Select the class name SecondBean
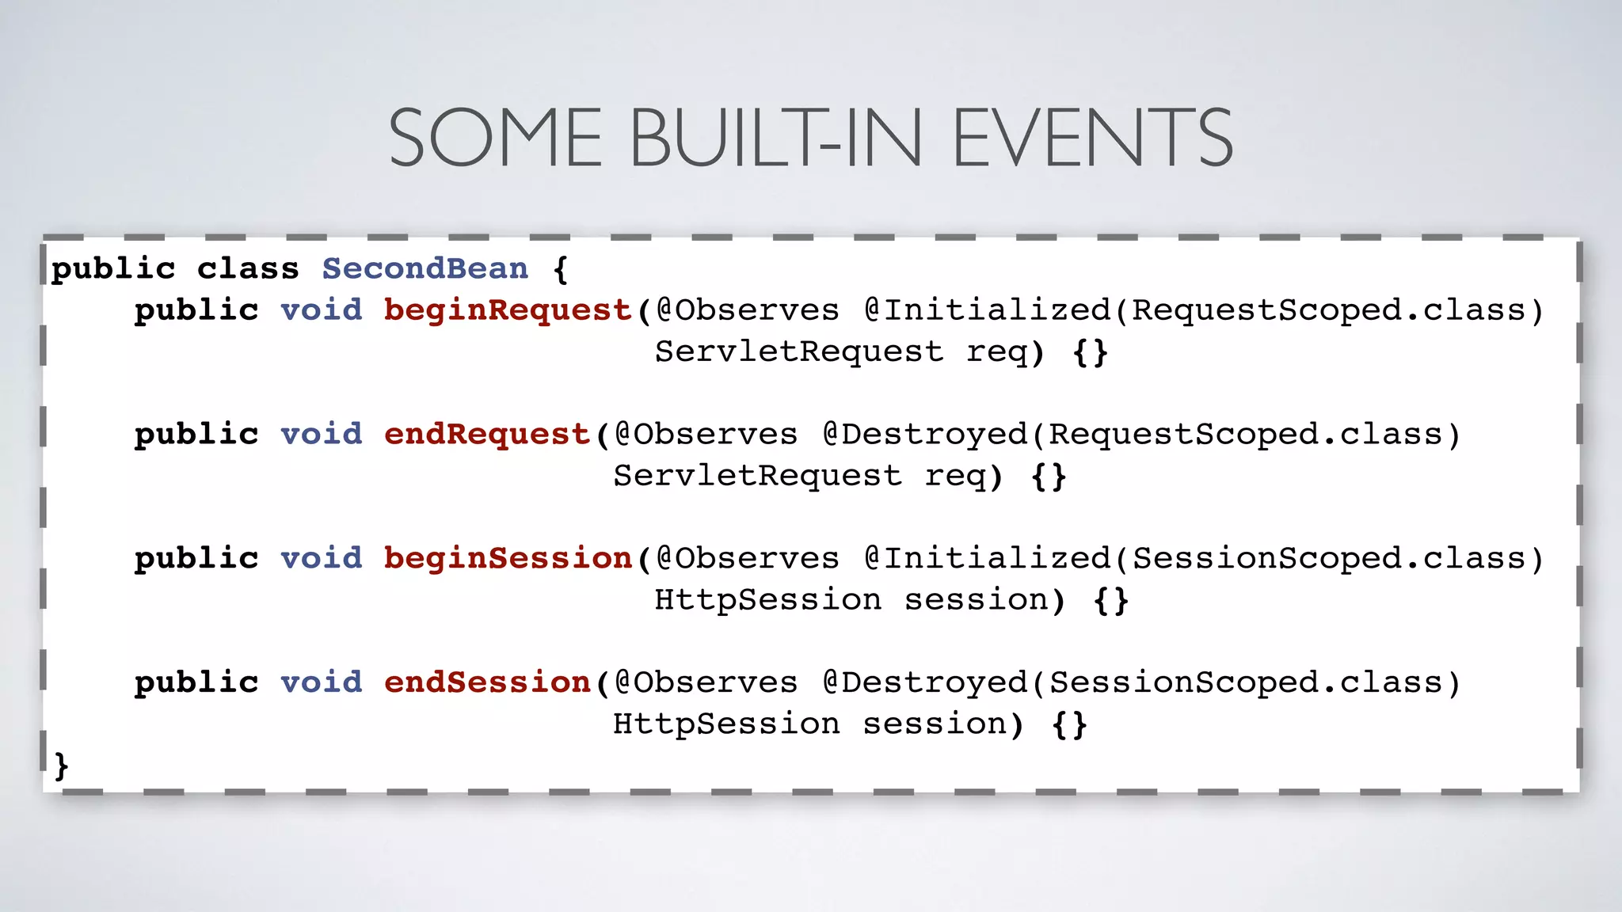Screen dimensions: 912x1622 (x=425, y=269)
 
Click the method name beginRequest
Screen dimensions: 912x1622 (x=508, y=310)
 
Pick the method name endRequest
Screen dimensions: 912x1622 (x=487, y=435)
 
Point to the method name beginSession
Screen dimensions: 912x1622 (x=508, y=559)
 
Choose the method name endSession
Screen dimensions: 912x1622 (x=487, y=682)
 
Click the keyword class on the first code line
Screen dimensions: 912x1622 (x=248, y=269)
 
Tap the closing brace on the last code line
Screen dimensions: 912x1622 (x=61, y=766)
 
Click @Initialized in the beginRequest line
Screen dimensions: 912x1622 (x=988, y=310)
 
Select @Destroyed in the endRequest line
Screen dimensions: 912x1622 (x=925, y=435)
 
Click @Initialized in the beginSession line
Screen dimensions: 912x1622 (x=988, y=559)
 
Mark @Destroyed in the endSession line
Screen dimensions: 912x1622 (x=925, y=682)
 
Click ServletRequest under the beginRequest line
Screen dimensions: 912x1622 (x=799, y=351)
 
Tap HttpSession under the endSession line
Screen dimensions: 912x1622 (x=726, y=724)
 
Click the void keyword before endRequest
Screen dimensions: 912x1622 (x=322, y=435)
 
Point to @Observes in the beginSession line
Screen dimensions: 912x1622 (x=747, y=559)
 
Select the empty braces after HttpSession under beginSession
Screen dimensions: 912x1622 (x=1110, y=600)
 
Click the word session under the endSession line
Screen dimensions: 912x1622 (x=935, y=724)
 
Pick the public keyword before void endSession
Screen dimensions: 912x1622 (x=196, y=682)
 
